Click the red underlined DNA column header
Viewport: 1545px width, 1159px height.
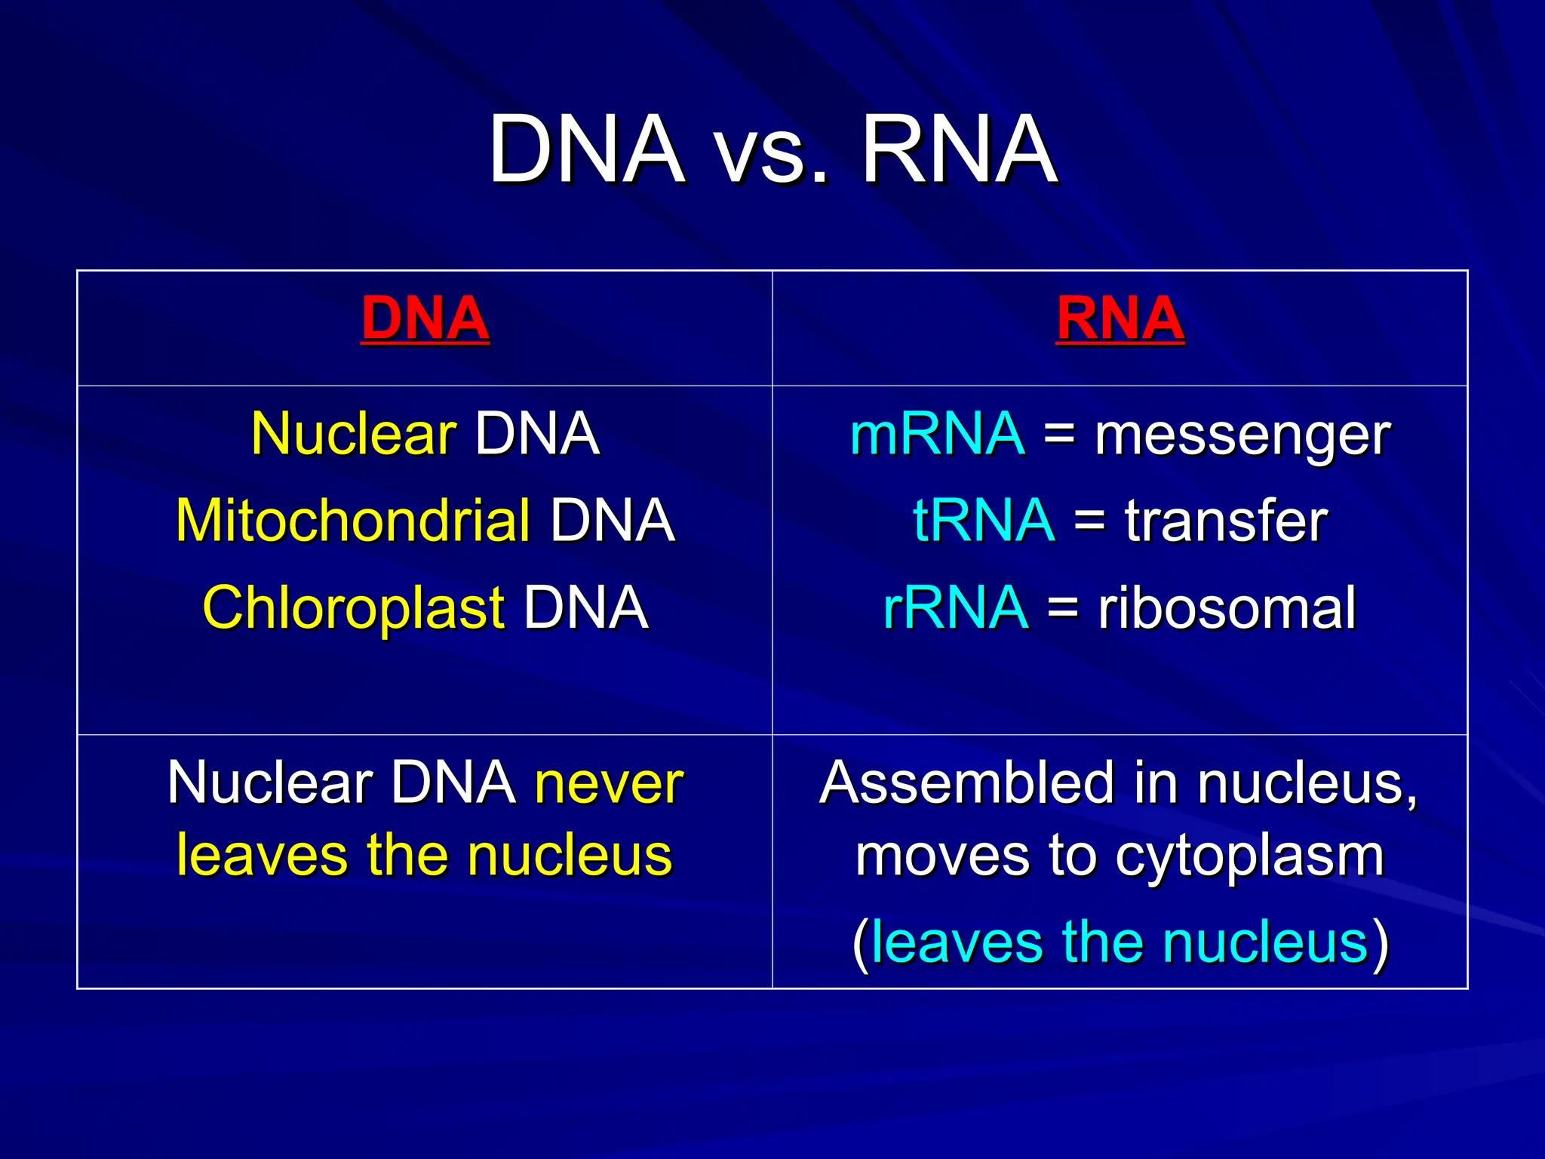click(x=425, y=318)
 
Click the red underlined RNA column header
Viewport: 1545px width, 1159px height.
click(x=1120, y=318)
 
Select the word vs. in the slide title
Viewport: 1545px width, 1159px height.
click(x=772, y=151)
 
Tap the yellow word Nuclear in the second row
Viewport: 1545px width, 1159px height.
click(x=353, y=435)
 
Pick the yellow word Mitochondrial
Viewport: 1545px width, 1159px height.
click(x=353, y=521)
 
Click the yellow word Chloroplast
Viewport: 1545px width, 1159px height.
click(x=353, y=608)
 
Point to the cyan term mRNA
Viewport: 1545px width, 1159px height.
click(x=937, y=435)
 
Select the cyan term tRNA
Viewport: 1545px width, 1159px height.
click(x=983, y=521)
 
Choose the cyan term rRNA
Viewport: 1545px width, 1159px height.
click(x=955, y=608)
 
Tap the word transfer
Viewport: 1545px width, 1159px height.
click(x=1225, y=521)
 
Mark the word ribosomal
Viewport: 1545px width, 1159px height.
click(x=1227, y=608)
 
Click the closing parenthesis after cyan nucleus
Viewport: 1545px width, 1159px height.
click(x=1381, y=943)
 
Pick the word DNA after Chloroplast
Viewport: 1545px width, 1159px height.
click(x=585, y=608)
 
